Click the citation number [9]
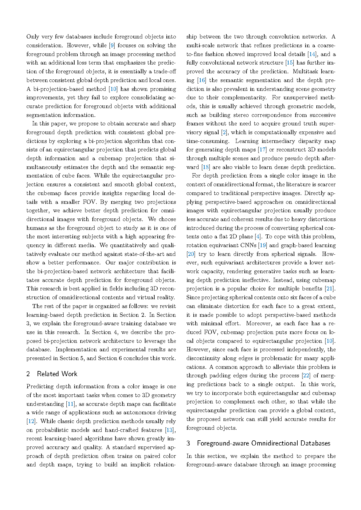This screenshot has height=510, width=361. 112,45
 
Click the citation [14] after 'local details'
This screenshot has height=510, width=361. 312,54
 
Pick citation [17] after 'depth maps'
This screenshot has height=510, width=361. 262,150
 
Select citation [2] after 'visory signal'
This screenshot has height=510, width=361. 224,132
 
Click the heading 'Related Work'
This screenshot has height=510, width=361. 57,374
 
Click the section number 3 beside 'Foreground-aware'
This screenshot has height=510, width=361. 188,443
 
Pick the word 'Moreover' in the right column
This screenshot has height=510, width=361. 259,323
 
